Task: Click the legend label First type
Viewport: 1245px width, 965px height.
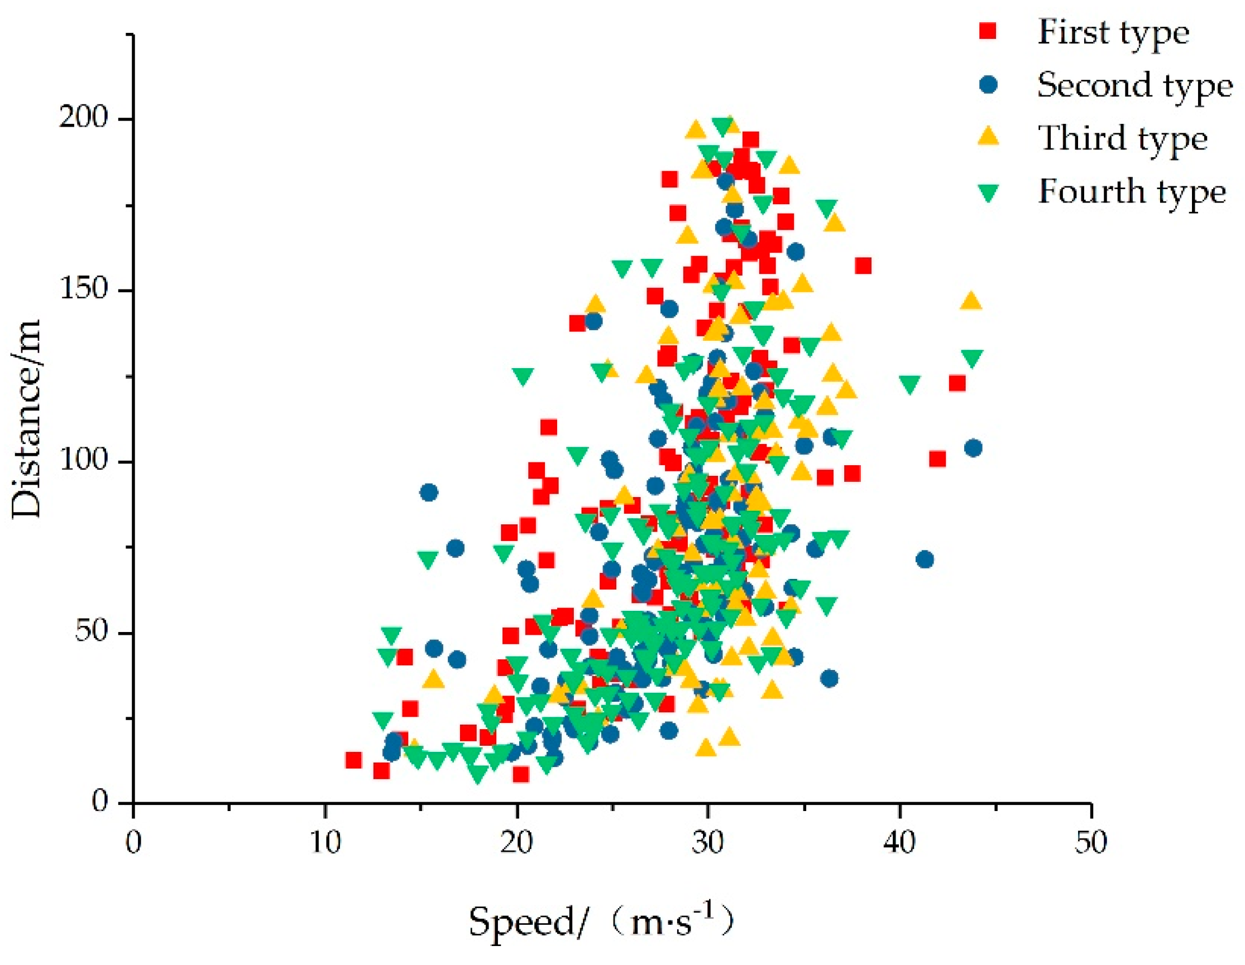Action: coord(1113,32)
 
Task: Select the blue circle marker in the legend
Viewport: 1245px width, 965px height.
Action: coord(990,85)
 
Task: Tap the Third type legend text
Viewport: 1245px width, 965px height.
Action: coord(1122,138)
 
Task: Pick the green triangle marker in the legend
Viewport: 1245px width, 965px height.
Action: coord(990,192)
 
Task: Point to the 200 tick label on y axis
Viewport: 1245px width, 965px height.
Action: coord(83,118)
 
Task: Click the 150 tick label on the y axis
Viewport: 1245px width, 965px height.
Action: coord(83,289)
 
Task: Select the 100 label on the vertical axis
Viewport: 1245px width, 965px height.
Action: coord(83,460)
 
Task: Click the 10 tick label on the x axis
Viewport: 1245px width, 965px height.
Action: coord(325,842)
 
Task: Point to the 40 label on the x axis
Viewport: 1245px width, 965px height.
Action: coord(899,842)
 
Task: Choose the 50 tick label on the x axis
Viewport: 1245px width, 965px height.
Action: coord(1090,842)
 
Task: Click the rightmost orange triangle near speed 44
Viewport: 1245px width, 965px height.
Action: coord(971,301)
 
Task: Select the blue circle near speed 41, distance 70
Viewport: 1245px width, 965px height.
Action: coord(925,559)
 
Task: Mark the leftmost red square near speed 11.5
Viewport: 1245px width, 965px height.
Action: coord(353,760)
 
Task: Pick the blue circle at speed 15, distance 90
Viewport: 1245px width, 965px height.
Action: coord(429,492)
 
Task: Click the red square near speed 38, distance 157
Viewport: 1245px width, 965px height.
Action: coord(863,266)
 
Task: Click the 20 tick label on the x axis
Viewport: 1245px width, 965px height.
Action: coord(516,842)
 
